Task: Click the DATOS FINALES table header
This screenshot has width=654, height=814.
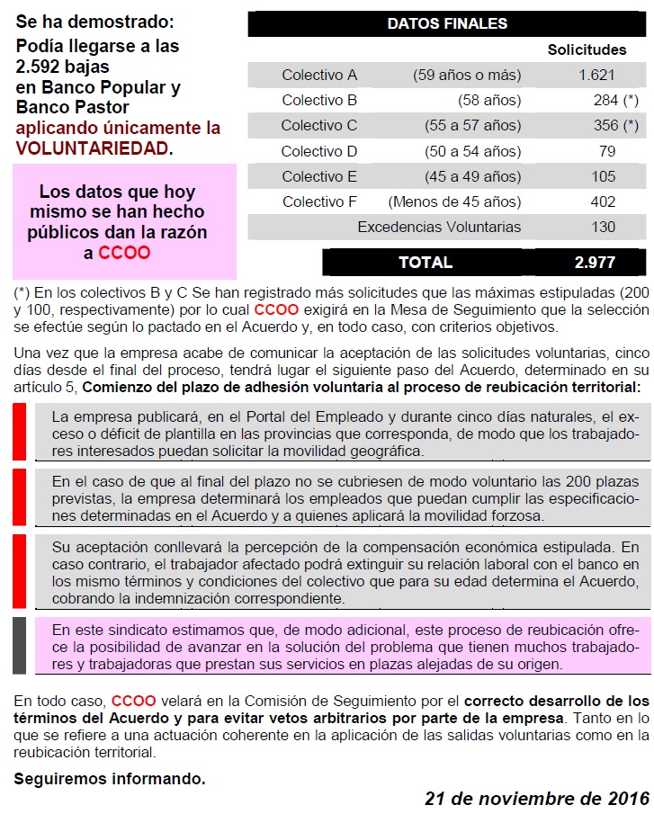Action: coord(447,23)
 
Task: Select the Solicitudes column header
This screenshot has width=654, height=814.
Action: coord(587,49)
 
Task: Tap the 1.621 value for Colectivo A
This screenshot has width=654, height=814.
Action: coord(597,76)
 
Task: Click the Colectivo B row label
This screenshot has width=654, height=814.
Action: coord(319,101)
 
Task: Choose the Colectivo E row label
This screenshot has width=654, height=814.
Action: coord(319,176)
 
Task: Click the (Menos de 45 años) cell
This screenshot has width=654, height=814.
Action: coord(454,201)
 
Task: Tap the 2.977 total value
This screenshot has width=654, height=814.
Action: coord(595,263)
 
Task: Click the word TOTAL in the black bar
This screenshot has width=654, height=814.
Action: coord(426,263)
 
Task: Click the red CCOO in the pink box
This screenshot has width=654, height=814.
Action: coord(124,253)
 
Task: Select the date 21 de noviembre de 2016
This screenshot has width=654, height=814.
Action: coord(537,798)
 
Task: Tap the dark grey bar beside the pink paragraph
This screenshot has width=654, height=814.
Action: coord(19,645)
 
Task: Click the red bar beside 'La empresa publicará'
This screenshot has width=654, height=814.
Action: coord(19,432)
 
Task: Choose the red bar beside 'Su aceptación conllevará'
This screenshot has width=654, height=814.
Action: coord(19,571)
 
